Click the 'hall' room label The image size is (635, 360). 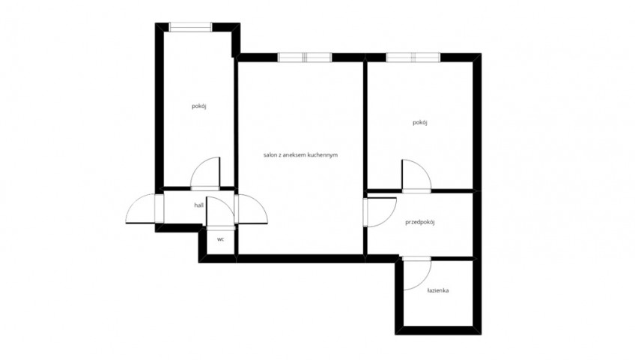coord(198,205)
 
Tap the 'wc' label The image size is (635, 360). coord(220,239)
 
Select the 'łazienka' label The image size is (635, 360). coord(438,291)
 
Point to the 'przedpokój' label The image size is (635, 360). coord(420,223)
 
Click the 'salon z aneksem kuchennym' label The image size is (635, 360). coord(300,154)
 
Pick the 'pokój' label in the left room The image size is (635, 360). coord(199,106)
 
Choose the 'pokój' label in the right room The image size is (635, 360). coord(420,123)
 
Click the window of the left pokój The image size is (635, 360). coord(190,27)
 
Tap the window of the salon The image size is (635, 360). coord(305,58)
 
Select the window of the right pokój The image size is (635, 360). coord(413,58)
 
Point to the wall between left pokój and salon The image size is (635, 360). coord(236,121)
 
